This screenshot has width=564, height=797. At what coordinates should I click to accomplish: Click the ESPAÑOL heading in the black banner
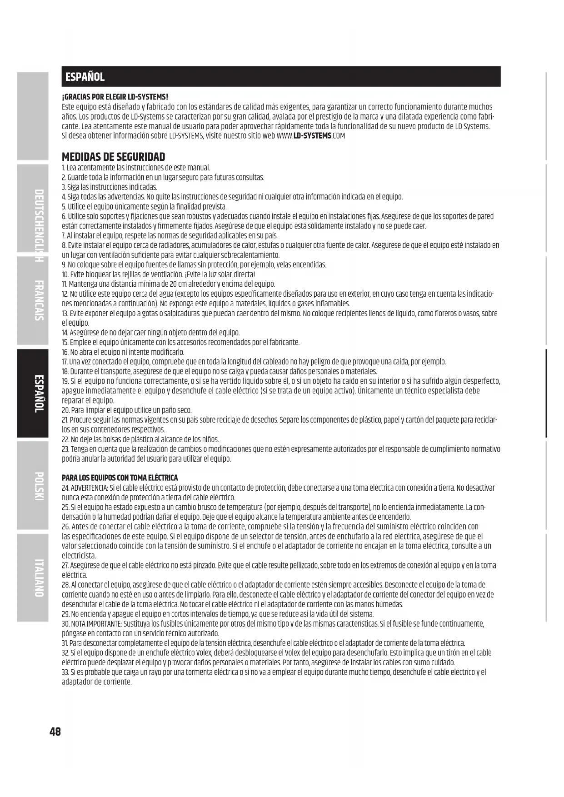click(85, 77)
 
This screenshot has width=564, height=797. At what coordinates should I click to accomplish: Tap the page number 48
click(55, 732)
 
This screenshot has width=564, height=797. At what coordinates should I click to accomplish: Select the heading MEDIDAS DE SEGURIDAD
click(113, 157)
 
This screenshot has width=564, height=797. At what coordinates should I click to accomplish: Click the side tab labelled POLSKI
click(39, 486)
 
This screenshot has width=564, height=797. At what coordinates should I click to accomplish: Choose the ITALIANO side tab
click(39, 578)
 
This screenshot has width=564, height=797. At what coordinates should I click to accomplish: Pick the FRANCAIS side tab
click(39, 300)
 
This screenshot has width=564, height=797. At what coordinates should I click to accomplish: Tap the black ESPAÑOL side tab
click(39, 394)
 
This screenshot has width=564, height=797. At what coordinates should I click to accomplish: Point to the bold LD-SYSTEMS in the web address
click(312, 136)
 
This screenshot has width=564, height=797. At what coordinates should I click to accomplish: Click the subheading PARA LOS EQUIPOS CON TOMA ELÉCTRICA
click(120, 478)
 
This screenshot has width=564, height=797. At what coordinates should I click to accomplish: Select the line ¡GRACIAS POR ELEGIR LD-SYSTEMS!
click(115, 97)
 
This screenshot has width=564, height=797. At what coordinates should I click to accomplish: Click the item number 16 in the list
click(65, 352)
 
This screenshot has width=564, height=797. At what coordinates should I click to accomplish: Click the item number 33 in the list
click(65, 672)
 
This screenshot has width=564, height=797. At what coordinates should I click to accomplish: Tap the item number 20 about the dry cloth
click(65, 410)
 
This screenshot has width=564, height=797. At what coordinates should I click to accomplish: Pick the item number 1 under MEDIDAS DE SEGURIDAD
click(63, 168)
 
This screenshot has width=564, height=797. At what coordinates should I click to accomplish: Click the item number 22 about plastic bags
click(65, 439)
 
